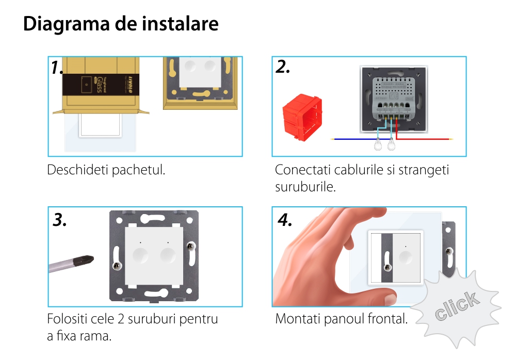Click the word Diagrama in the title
click(x=66, y=24)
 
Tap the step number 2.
click(x=283, y=67)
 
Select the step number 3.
click(x=59, y=220)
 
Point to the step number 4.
click(x=285, y=220)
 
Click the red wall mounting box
click(x=302, y=118)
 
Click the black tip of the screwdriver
click(x=84, y=260)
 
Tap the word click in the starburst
click(x=457, y=306)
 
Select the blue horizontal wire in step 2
click(x=354, y=139)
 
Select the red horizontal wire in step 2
click(x=424, y=139)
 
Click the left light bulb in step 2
click(x=378, y=144)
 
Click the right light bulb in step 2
click(x=391, y=144)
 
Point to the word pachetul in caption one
click(x=138, y=170)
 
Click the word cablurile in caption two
click(x=359, y=170)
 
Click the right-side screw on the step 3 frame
click(x=190, y=246)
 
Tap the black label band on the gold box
click(x=101, y=85)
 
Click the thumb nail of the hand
click(x=391, y=300)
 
